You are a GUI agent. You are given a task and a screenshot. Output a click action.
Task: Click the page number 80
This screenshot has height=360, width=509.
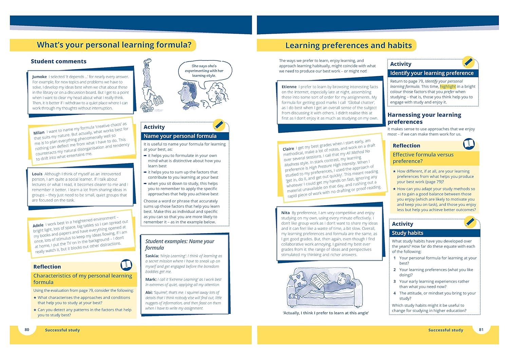27,329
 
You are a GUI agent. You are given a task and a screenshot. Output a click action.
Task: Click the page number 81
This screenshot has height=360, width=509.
481,329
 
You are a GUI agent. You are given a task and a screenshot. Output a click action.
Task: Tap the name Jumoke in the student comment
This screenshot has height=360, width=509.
39,77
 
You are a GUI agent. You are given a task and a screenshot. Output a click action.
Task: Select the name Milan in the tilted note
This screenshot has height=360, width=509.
39,133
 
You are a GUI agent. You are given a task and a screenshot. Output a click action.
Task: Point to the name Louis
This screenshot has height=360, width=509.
37,174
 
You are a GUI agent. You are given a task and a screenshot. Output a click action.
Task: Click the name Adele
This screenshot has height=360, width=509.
38,225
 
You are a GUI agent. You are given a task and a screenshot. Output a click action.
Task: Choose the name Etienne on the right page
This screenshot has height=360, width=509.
289,87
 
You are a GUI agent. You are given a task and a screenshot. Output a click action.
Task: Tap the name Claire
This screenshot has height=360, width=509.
288,149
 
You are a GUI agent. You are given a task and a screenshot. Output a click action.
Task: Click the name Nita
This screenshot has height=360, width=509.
285,213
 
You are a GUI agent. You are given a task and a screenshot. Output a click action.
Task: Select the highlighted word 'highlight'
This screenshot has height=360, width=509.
448,87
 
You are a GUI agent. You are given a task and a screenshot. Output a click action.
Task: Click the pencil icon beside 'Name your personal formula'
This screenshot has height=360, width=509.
219,125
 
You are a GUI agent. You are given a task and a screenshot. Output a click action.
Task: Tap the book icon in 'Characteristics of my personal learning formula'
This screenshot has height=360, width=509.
126,264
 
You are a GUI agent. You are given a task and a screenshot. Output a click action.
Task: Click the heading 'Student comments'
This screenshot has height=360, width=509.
58,61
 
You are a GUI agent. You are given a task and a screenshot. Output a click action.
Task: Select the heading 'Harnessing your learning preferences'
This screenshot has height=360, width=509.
424,118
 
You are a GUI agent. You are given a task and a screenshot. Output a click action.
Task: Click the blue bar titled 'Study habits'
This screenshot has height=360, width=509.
434,233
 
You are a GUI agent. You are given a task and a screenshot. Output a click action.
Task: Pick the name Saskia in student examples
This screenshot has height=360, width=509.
152,256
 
